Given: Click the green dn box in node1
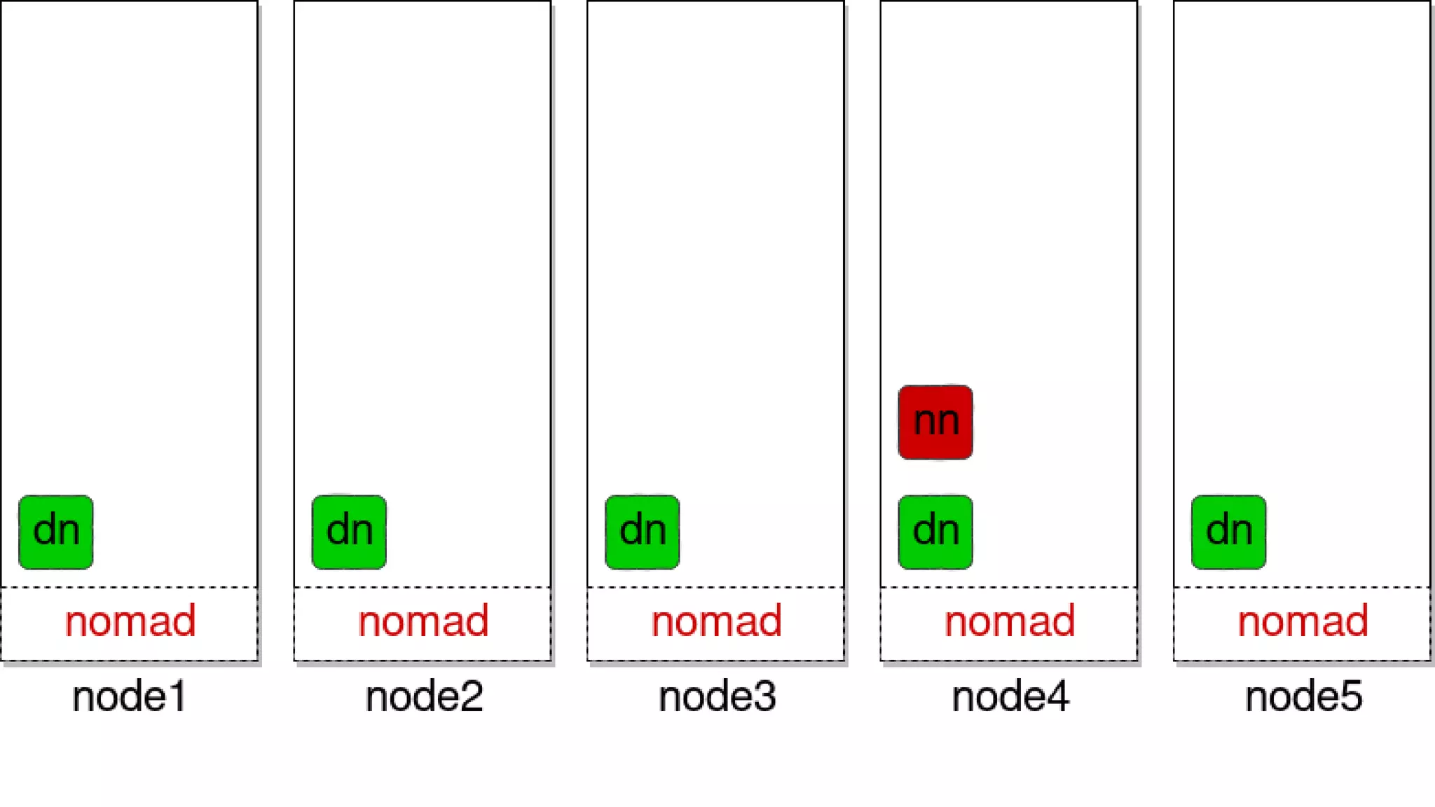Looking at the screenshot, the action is click(x=56, y=532).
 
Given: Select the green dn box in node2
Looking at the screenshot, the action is click(x=349, y=532).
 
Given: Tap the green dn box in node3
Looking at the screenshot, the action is click(x=642, y=532).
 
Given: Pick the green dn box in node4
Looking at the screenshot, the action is click(x=935, y=532).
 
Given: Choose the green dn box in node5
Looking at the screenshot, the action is click(x=1228, y=532).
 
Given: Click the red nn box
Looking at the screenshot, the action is click(x=935, y=422).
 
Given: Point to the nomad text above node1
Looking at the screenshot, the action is click(x=130, y=621).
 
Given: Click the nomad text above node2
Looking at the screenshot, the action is click(x=423, y=621).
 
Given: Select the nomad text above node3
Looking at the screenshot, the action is click(x=716, y=621).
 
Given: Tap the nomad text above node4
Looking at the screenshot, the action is click(x=1010, y=621).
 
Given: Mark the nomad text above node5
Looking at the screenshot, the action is click(x=1303, y=621).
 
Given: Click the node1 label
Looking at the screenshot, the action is click(x=130, y=697).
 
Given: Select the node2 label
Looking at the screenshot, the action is click(x=424, y=697).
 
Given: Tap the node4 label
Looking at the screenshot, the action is click(x=1010, y=697).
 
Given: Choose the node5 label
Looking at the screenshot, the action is click(x=1303, y=697).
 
